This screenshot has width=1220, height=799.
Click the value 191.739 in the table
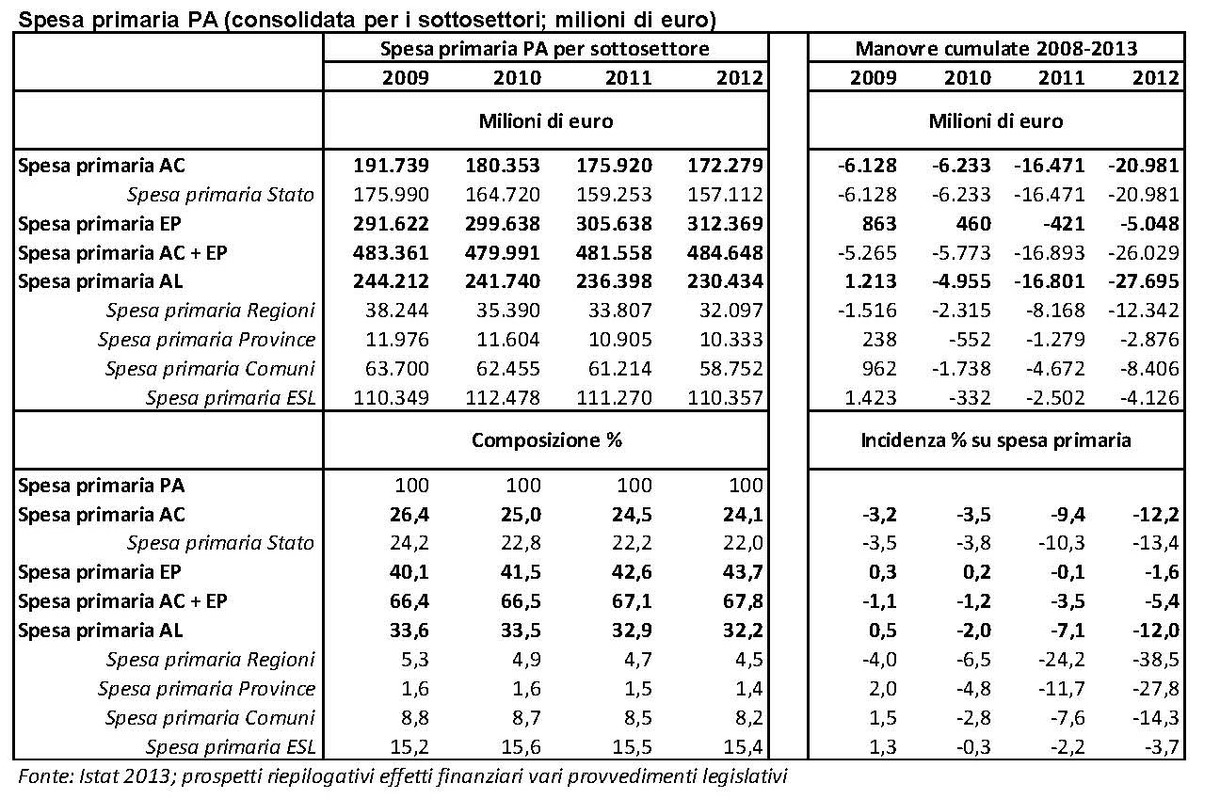click(x=391, y=165)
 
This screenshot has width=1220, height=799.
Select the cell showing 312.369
click(x=726, y=223)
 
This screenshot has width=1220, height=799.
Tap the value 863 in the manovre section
click(x=879, y=223)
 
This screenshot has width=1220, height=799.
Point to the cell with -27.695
click(x=1144, y=281)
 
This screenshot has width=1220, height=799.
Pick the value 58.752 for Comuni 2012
click(x=731, y=368)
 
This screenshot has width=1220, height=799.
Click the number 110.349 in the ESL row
click(x=391, y=397)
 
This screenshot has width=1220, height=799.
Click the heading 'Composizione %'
click(x=547, y=440)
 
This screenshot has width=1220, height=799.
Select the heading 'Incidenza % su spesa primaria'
click(x=996, y=440)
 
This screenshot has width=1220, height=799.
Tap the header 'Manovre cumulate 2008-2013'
click(x=996, y=49)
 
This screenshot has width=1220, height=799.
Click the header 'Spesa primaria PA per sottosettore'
click(x=545, y=49)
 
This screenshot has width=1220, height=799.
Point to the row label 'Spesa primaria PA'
click(x=102, y=486)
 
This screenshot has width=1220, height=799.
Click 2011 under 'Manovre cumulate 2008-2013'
click(x=1062, y=77)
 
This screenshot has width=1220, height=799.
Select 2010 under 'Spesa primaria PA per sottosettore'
click(x=518, y=77)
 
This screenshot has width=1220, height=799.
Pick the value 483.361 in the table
click(x=391, y=253)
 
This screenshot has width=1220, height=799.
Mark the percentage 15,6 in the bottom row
click(x=522, y=746)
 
